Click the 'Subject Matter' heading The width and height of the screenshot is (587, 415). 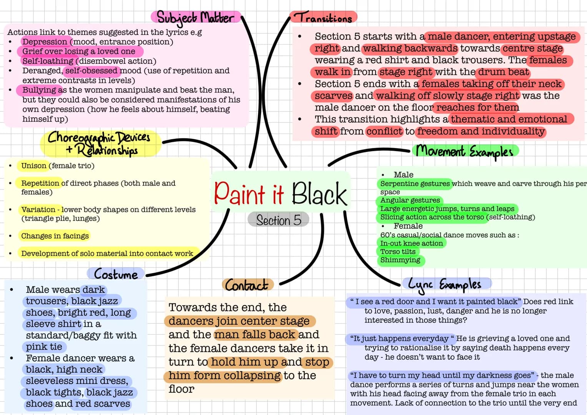pos(195,18)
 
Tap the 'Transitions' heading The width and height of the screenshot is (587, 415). pos(323,17)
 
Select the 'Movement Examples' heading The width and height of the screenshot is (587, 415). pos(464,151)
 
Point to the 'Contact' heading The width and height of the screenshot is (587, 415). pos(246,285)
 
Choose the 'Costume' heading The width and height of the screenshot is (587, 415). pos(116,274)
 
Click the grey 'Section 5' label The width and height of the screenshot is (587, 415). pos(279,220)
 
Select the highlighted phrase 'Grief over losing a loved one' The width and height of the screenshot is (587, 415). pos(79,51)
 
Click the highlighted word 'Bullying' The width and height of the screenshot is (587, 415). pos(39,90)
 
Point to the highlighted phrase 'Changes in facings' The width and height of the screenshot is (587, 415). pos(55,236)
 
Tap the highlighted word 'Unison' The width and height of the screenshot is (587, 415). pos(33,166)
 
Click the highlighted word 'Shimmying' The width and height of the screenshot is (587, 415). pos(400,260)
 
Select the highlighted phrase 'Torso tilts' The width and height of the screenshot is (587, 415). pos(398,252)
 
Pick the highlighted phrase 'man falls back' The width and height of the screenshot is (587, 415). pos(256,335)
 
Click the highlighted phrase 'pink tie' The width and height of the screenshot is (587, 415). pos(44,347)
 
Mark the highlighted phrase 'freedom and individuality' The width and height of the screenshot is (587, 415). pos(481,131)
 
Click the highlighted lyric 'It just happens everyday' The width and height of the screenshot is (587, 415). pos(401,339)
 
